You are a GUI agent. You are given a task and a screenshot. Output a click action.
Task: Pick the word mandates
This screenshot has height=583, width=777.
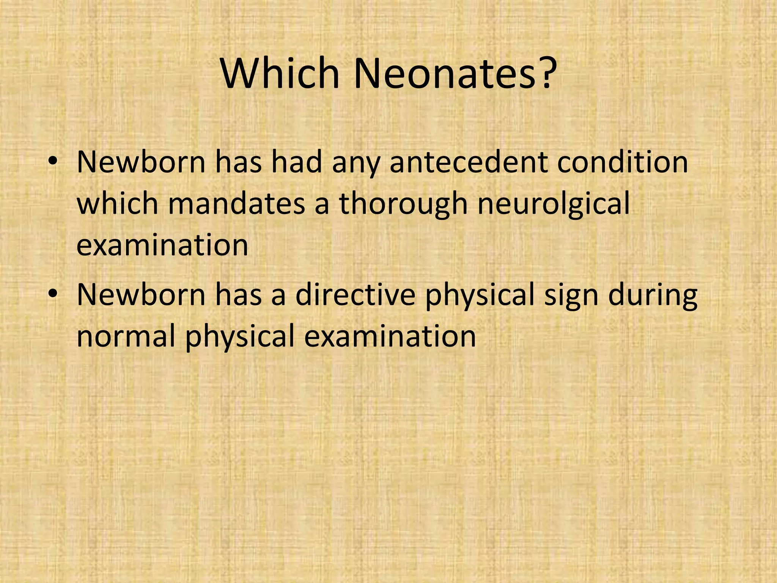[x=236, y=204]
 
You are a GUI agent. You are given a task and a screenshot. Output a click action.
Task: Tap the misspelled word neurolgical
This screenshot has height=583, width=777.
[x=554, y=204]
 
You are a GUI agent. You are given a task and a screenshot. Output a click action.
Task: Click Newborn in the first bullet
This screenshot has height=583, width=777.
[x=141, y=162]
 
